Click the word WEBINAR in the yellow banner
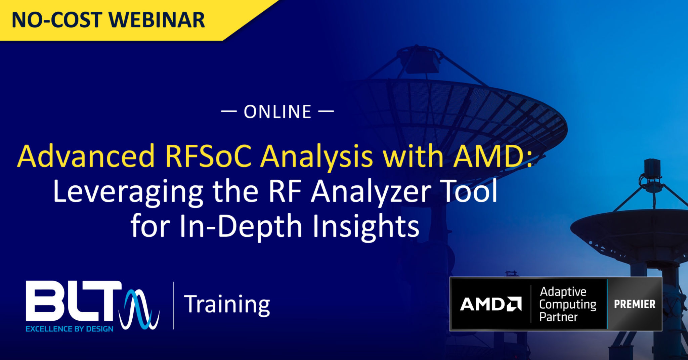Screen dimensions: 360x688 (x=157, y=20)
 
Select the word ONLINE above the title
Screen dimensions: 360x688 (x=277, y=112)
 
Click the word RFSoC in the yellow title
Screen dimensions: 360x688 (x=208, y=156)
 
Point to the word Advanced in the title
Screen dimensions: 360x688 (x=86, y=156)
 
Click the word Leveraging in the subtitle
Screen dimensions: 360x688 (x=128, y=192)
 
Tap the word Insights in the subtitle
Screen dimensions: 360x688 (x=366, y=226)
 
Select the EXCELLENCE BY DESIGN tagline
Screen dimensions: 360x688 (x=70, y=329)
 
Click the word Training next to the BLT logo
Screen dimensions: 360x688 (x=227, y=304)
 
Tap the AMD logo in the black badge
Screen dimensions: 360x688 (x=490, y=304)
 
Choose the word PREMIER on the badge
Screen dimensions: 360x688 (x=635, y=304)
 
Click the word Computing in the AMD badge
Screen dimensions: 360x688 (x=568, y=304)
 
